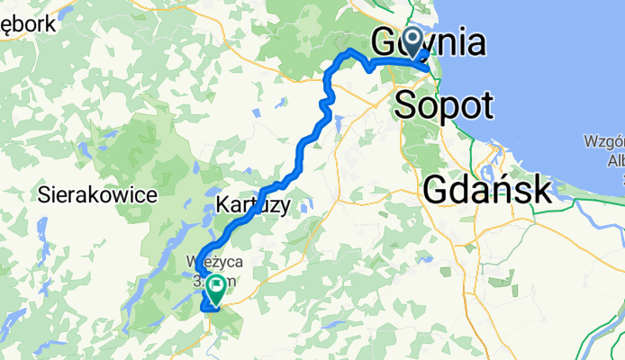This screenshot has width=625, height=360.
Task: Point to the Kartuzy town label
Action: (253, 206)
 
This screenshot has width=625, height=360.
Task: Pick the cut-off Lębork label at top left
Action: (28, 24)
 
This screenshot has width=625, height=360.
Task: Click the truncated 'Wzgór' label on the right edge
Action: (603, 143)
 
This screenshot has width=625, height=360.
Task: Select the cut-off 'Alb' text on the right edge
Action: (615, 160)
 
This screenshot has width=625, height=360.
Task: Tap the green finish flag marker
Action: (218, 288)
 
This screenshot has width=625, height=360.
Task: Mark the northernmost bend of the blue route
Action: (349, 49)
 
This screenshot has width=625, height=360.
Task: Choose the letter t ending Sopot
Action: (486, 105)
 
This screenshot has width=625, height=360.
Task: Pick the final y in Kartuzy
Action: (285, 208)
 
